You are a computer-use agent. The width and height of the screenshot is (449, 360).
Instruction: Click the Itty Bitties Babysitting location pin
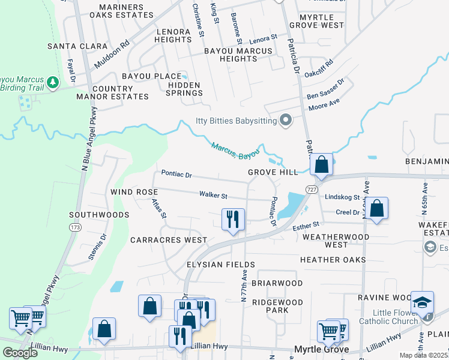click(x=286, y=121)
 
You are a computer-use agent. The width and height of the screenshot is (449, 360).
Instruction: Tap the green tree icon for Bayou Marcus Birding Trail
click(x=53, y=81)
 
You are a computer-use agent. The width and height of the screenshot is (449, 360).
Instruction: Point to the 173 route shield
click(x=74, y=228)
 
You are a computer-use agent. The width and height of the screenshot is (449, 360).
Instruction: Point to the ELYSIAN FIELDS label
click(x=203, y=265)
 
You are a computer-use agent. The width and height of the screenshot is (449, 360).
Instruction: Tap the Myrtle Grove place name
click(x=322, y=350)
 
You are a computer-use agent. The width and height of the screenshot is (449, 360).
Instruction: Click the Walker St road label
click(x=213, y=195)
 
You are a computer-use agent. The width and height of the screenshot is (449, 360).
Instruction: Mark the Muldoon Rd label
click(x=112, y=54)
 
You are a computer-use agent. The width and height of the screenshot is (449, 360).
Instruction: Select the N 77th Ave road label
click(x=244, y=286)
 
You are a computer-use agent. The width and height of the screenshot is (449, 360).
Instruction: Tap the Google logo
click(x=20, y=352)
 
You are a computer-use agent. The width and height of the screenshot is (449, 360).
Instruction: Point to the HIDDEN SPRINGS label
click(x=181, y=89)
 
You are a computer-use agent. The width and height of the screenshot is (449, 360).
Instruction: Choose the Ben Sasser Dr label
click(x=325, y=90)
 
